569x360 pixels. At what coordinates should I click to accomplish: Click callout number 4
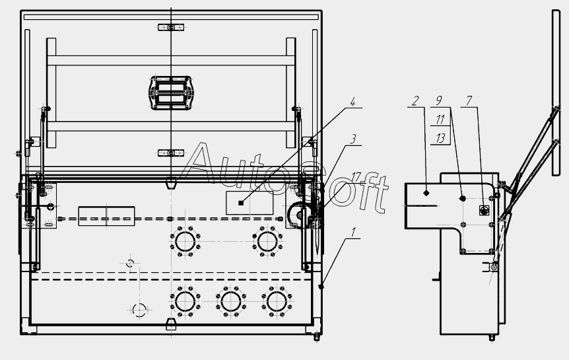pyautogui.click(x=352, y=102)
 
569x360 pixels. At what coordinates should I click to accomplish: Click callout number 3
pyautogui.click(x=352, y=139)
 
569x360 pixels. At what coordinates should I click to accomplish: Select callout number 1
pyautogui.click(x=353, y=233)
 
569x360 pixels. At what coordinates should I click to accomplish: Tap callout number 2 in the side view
pyautogui.click(x=415, y=100)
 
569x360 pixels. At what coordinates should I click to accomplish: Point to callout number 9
pyautogui.click(x=439, y=100)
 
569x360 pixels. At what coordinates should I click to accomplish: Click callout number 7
pyautogui.click(x=469, y=100)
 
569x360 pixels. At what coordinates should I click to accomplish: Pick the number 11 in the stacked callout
pyautogui.click(x=440, y=120)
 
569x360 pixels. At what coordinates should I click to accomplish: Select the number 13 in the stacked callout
pyautogui.click(x=440, y=138)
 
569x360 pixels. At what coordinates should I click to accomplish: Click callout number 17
pyautogui.click(x=356, y=177)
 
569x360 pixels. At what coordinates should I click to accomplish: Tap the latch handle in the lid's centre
pyautogui.click(x=171, y=92)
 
